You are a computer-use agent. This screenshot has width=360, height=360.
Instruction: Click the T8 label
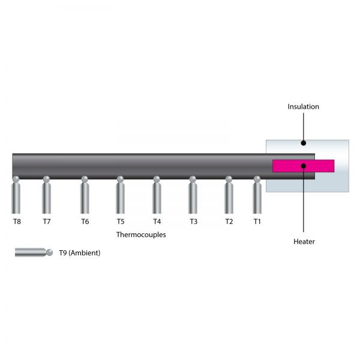tap(17, 221)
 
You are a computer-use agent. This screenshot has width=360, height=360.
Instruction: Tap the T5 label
tap(121, 221)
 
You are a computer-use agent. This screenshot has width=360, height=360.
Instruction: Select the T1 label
tap(257, 221)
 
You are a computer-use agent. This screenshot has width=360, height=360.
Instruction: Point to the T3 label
tap(194, 221)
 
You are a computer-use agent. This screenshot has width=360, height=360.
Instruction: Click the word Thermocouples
tap(141, 235)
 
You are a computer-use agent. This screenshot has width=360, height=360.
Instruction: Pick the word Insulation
tap(303, 107)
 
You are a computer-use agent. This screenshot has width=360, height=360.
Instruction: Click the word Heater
tap(304, 242)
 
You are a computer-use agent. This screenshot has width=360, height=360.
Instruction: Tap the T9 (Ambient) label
tap(80, 253)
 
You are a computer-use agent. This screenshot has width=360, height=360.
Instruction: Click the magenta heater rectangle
tap(303, 166)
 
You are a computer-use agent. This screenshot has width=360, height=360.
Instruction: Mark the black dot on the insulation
tap(303, 143)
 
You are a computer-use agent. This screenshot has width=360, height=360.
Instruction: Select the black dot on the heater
tap(304, 166)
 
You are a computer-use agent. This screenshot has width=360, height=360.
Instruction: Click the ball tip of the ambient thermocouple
tap(50, 253)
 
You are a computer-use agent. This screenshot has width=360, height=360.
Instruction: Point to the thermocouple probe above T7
tap(46, 195)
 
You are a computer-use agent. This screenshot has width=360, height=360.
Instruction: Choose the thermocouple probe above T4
tap(157, 195)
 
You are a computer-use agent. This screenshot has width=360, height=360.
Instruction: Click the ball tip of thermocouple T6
tap(85, 179)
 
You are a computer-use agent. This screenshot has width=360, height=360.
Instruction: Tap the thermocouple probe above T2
tap(229, 195)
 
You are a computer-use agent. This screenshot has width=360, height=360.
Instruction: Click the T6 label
tap(85, 221)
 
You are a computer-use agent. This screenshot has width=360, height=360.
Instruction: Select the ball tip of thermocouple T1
tap(257, 179)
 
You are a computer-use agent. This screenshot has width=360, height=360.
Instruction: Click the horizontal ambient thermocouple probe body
tap(31, 253)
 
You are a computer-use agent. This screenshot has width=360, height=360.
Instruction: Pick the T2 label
tap(229, 221)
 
